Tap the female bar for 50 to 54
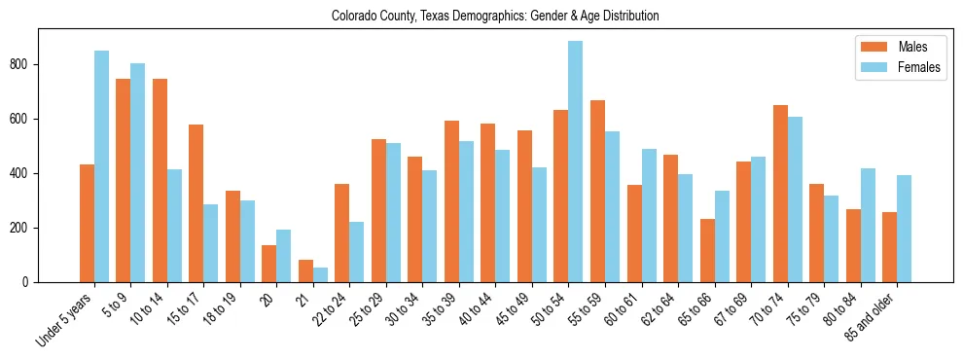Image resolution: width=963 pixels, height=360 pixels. [575, 162]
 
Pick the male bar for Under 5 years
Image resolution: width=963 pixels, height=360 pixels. [87, 224]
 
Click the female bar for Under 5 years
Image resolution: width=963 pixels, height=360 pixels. [101, 166]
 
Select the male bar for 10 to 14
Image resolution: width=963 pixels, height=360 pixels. [160, 181]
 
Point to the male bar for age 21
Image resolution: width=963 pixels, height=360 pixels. [305, 271]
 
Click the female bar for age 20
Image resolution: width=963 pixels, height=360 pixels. [283, 256]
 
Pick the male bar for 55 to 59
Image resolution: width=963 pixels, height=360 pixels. [597, 192]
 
